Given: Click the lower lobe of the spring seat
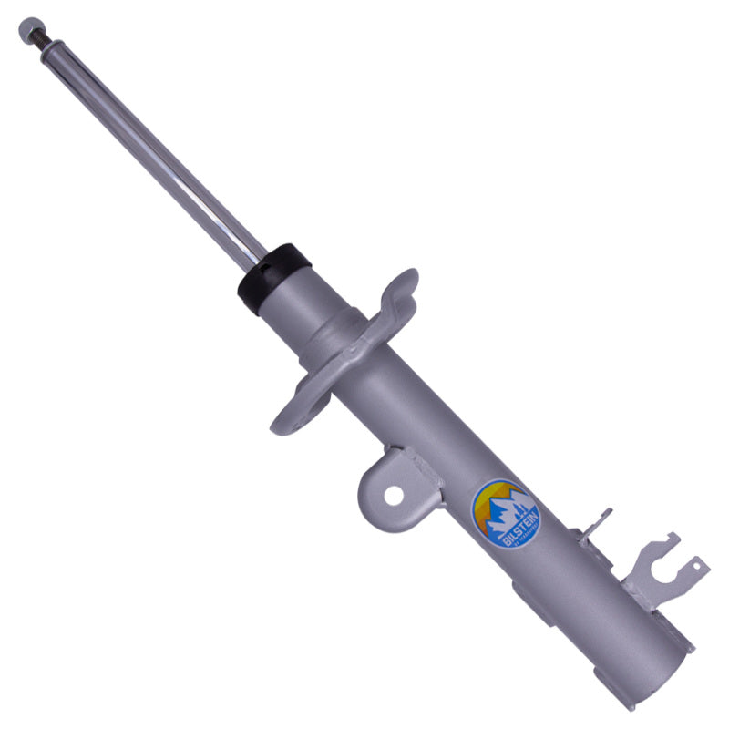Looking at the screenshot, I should tap(296, 415).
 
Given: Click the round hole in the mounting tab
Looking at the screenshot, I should tap(393, 495).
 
